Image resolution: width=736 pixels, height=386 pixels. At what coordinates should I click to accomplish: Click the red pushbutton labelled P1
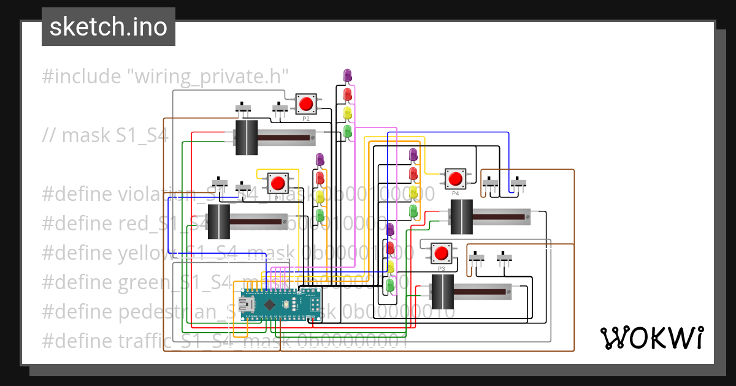click(278, 183)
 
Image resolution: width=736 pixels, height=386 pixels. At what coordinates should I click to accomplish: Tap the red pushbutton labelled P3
click(441, 252)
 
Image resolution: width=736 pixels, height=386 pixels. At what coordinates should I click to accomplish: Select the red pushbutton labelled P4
click(455, 178)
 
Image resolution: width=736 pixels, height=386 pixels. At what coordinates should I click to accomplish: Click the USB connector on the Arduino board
click(248, 305)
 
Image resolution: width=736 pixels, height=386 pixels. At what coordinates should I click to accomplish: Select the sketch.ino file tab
click(109, 28)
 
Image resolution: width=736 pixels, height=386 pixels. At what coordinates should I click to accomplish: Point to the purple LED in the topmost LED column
click(348, 75)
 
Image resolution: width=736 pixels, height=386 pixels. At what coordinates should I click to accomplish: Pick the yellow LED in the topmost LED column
click(348, 113)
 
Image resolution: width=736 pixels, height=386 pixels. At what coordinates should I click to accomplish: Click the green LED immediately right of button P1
click(320, 214)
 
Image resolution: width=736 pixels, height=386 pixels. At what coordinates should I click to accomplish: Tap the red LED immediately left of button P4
click(413, 174)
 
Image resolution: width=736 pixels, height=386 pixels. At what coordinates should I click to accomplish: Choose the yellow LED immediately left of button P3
click(390, 267)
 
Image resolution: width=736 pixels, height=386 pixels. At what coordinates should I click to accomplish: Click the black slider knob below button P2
click(247, 137)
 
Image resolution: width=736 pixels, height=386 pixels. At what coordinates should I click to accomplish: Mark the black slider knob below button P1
click(218, 222)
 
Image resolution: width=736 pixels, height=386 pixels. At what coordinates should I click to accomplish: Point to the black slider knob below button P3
click(442, 292)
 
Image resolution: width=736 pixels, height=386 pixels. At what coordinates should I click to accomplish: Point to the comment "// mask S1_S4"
click(105, 135)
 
